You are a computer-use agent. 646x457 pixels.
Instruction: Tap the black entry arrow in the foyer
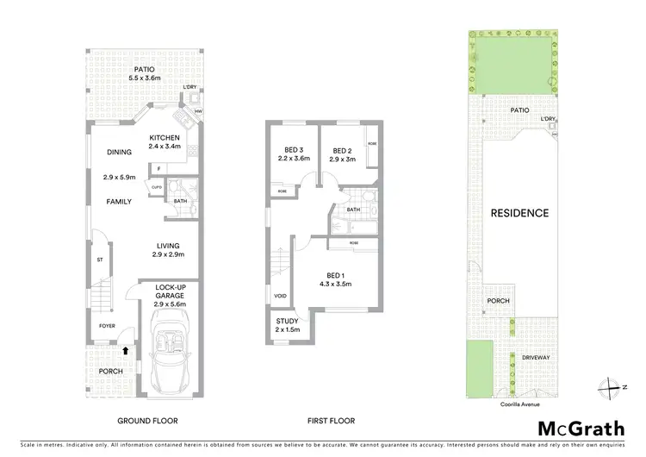coord(127,350)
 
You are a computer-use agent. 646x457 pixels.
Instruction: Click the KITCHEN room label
coord(165,138)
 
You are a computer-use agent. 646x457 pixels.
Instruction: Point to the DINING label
coord(119,153)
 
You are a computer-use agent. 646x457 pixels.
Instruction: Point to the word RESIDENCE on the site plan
coord(519,213)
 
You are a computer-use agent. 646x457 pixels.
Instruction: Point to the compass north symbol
coord(612,387)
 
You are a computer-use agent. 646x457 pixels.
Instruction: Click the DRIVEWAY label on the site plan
coord(535,357)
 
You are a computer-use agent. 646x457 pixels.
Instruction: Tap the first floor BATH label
coord(353,210)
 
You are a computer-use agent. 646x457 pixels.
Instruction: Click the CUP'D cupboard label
coord(157,186)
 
